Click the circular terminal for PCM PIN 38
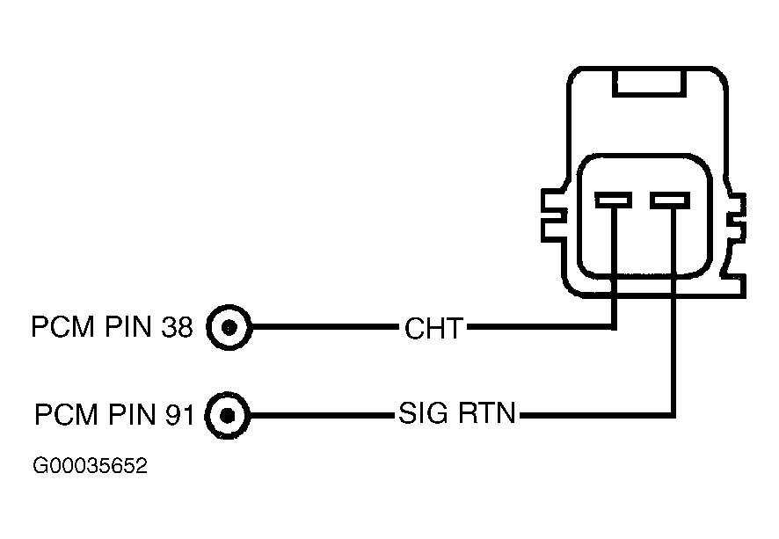[x=229, y=327]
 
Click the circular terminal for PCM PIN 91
[x=228, y=415]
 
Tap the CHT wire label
[x=433, y=328]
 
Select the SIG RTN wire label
[x=457, y=413]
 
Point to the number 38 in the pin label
[x=177, y=327]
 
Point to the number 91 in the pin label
[x=178, y=414]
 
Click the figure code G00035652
[x=90, y=466]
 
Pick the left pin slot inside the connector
[x=614, y=200]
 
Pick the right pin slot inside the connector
[x=670, y=200]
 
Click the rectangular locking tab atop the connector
[x=650, y=83]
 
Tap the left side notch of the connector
[x=554, y=215]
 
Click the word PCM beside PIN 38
[x=63, y=327]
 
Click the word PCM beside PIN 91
[x=66, y=414]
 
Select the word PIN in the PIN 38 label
[x=127, y=327]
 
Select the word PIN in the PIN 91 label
[x=131, y=414]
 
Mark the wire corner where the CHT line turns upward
[x=615, y=327]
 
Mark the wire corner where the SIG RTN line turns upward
[x=673, y=415]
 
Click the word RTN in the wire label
[x=487, y=413]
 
